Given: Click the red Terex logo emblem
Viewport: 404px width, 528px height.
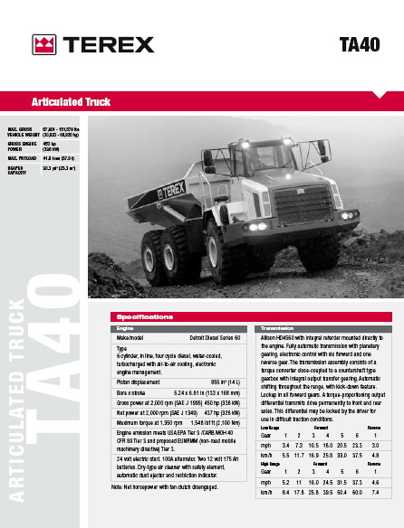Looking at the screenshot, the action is pos(43,44).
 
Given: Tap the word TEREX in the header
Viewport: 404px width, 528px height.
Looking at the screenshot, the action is pos(107,44).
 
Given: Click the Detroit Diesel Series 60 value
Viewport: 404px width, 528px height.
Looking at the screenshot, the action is pos(216,336).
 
